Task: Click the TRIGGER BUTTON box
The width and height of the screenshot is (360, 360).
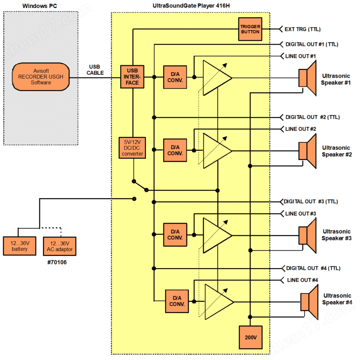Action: point(250,29)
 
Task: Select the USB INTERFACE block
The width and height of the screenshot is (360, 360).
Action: point(132,77)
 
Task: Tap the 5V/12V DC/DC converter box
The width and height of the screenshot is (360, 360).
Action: point(132,147)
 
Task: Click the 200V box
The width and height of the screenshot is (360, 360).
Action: point(250,337)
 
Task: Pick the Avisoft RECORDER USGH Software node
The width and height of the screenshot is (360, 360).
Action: point(41,77)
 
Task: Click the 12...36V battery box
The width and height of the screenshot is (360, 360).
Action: point(20,246)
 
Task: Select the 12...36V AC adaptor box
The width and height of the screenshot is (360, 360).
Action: point(60,246)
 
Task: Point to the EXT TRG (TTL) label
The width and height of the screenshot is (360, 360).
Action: point(302,29)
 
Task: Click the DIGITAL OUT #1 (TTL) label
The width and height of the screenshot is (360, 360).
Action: point(312,44)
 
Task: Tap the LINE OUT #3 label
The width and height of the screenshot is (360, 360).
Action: point(300,214)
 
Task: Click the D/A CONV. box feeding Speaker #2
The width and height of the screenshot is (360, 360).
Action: point(175,150)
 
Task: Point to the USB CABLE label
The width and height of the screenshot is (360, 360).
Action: point(95,70)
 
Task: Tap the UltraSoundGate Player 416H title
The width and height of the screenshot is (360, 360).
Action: point(190,6)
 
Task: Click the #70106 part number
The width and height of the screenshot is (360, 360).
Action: point(57,262)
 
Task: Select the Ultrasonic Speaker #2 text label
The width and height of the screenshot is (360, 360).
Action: point(336,151)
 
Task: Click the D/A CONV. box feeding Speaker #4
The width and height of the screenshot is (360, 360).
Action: point(177,301)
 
